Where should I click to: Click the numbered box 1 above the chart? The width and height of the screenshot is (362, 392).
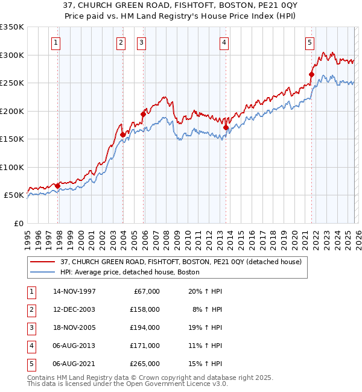click(56, 42)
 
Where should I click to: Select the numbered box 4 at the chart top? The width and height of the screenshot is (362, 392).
click(224, 42)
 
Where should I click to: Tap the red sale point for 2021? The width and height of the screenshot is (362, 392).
click(312, 75)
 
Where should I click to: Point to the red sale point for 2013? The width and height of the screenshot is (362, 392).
click(226, 127)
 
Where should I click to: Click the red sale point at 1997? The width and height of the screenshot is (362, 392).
click(58, 186)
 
